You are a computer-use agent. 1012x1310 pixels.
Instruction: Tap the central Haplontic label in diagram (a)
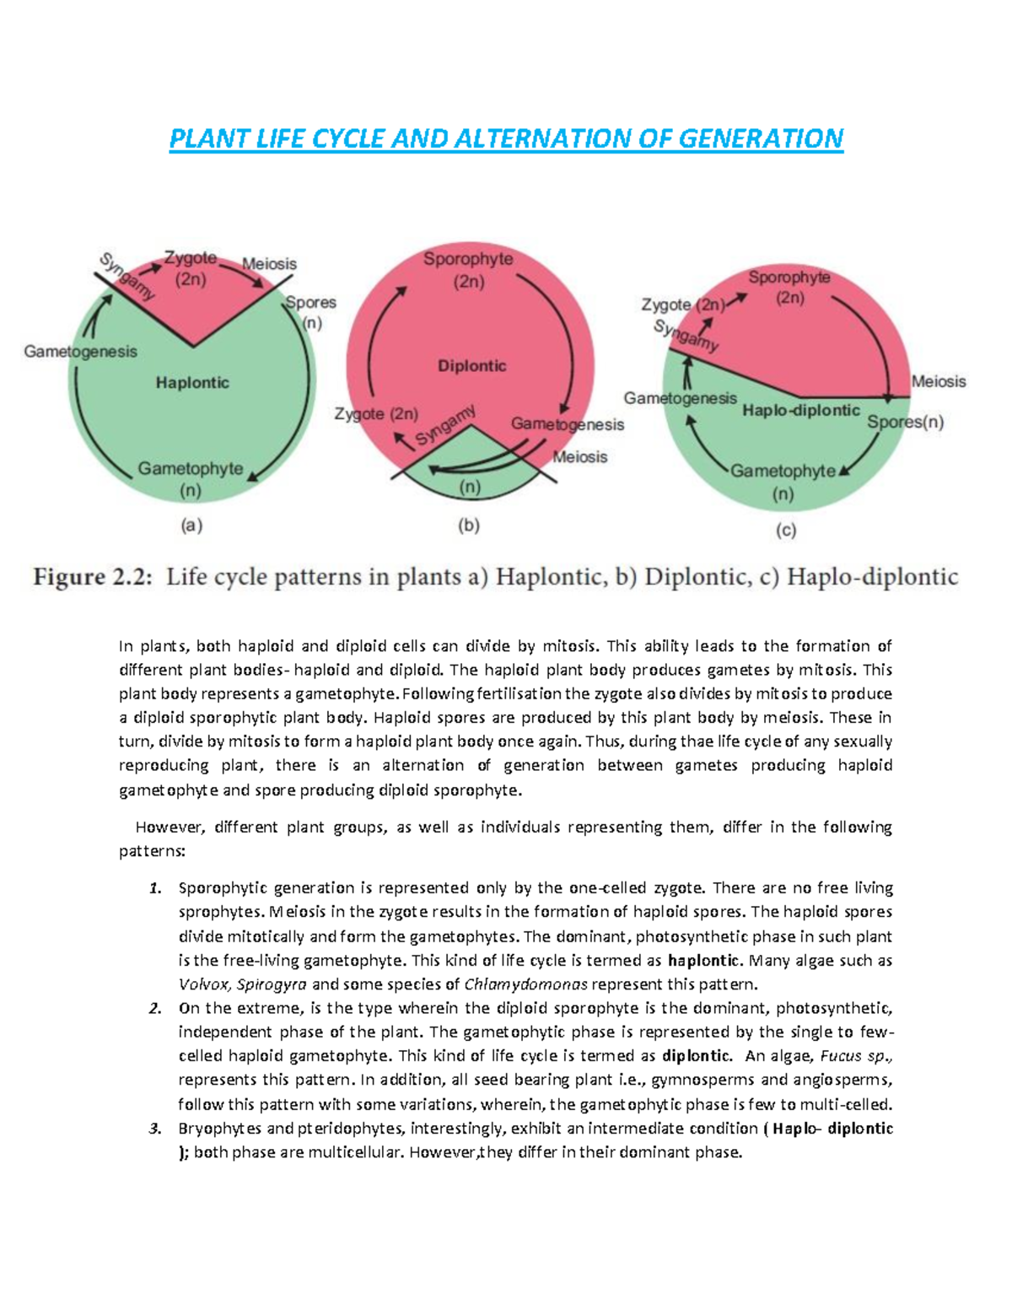pos(192,383)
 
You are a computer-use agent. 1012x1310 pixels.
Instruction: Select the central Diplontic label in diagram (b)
pos(471,366)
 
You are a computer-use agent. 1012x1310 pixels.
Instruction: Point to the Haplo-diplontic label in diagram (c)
pos(800,411)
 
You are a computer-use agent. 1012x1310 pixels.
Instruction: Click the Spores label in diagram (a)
pos(310,303)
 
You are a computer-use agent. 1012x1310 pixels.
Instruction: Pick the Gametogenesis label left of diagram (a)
pos(80,352)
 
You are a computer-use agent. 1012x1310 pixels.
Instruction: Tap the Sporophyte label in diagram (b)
pos(468,259)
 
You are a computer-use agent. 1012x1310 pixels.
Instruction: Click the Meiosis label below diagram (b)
pos(580,457)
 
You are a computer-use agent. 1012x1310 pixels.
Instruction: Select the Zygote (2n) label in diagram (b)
pos(376,414)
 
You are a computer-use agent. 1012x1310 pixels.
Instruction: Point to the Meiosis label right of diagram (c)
pos(939,381)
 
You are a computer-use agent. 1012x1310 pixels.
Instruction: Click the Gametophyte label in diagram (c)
pos(783,471)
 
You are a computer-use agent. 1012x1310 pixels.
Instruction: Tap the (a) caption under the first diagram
pos(191,526)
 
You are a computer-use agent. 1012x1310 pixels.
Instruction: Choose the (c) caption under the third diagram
pos(785,531)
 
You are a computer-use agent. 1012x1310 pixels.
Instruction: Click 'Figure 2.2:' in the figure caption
pos(94,578)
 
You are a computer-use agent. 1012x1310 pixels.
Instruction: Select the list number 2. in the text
pos(154,1009)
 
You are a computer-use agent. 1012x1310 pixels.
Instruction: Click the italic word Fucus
pos(840,1056)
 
